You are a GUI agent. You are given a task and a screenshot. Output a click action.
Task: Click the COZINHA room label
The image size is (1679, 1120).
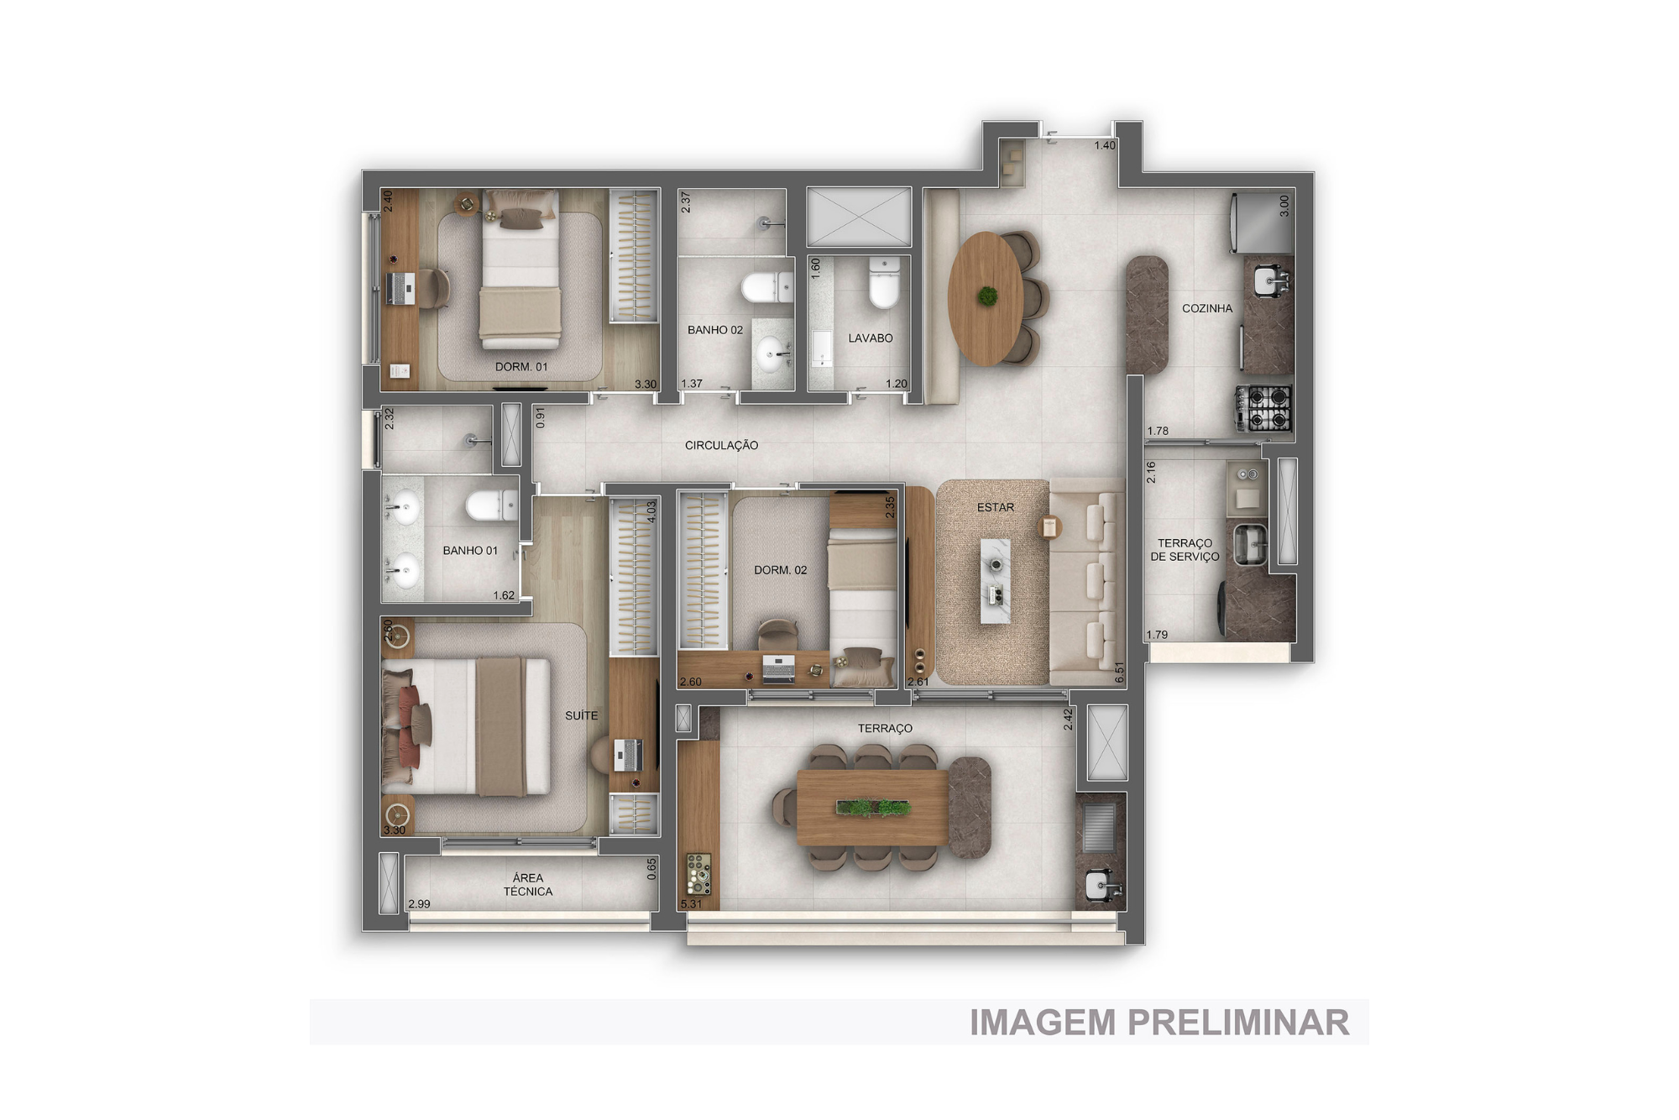click(x=1207, y=309)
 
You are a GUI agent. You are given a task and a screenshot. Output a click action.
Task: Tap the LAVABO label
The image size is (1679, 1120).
click(x=871, y=338)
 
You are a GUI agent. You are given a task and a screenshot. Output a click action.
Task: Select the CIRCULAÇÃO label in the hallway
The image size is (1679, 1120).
click(x=721, y=445)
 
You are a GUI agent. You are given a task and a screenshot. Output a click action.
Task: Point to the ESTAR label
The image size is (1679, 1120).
click(x=996, y=507)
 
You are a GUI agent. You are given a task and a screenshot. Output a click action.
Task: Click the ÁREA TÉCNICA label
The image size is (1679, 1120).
click(x=528, y=885)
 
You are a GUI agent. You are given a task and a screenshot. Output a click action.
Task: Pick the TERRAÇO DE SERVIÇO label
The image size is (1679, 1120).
click(x=1185, y=550)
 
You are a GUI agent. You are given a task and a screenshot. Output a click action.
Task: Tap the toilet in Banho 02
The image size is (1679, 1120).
click(x=766, y=287)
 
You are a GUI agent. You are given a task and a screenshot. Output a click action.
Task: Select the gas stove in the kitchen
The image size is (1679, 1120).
click(x=1263, y=408)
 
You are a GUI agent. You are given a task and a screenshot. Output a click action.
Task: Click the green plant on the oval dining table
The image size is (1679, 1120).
click(x=988, y=296)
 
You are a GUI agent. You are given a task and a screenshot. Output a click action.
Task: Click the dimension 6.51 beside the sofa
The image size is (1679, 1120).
click(x=1119, y=673)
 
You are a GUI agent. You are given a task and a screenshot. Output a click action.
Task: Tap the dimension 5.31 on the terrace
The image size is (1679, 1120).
click(x=691, y=904)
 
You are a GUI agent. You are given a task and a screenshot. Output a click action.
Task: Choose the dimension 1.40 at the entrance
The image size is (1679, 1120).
click(x=1105, y=145)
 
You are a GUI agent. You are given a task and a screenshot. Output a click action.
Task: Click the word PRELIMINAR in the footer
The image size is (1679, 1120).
click(x=1238, y=1023)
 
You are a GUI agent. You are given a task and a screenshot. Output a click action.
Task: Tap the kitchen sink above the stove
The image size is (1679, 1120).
click(x=1268, y=280)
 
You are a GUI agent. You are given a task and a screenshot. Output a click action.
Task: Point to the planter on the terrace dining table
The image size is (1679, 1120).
click(x=873, y=809)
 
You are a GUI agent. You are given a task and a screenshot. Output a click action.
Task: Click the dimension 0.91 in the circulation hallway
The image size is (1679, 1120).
click(x=541, y=418)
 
